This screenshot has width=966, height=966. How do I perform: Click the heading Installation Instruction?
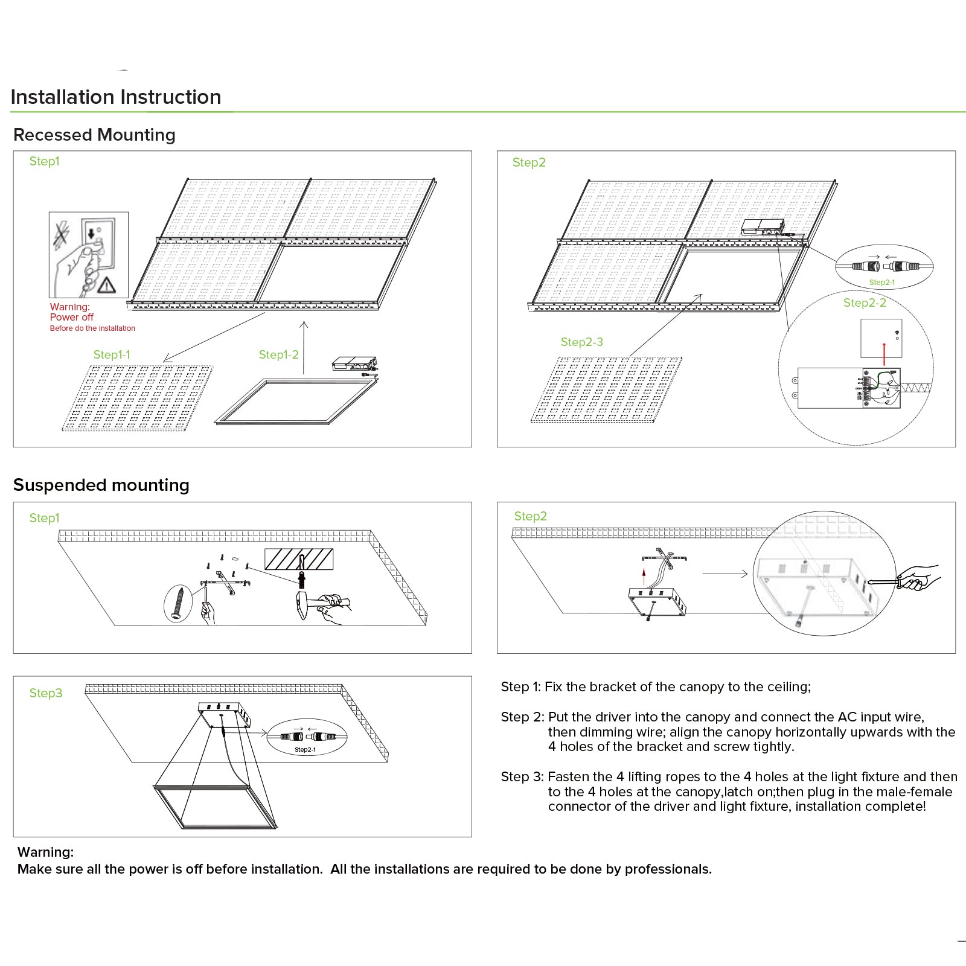pyautogui.click(x=116, y=97)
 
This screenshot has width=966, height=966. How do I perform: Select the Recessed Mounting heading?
pyautogui.click(x=94, y=135)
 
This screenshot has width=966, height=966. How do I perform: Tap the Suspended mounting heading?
pyautogui.click(x=101, y=485)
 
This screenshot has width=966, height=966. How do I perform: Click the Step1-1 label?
pyautogui.click(x=112, y=355)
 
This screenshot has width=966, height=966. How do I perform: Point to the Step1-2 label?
pyautogui.click(x=278, y=355)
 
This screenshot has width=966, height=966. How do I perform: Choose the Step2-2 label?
pyautogui.click(x=865, y=303)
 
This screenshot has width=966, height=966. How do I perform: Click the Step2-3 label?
pyautogui.click(x=581, y=342)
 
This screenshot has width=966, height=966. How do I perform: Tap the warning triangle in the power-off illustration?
pyautogui.click(x=107, y=285)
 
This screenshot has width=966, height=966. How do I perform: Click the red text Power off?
pyautogui.click(x=72, y=318)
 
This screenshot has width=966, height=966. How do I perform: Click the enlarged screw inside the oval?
pyautogui.click(x=178, y=603)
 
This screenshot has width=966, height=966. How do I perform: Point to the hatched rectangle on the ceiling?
pyautogui.click(x=299, y=559)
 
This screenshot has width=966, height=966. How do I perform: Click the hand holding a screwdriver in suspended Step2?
pyautogui.click(x=918, y=578)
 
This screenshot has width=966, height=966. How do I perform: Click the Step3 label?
pyautogui.click(x=46, y=693)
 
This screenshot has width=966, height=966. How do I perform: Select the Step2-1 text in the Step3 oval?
pyautogui.click(x=305, y=750)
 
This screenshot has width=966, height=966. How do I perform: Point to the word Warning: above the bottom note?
pyautogui.click(x=46, y=852)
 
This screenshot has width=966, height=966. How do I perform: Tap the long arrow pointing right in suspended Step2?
pyautogui.click(x=725, y=574)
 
